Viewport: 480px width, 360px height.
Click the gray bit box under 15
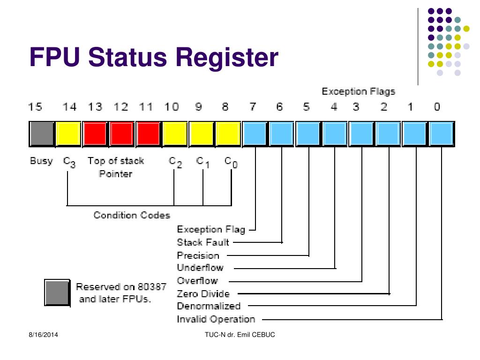click(42, 134)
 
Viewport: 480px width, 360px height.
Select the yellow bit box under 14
click(68, 134)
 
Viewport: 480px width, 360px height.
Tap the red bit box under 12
click(122, 134)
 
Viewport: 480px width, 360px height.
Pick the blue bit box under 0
click(442, 134)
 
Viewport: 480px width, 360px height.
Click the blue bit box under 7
click(255, 134)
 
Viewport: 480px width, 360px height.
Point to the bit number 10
click(172, 107)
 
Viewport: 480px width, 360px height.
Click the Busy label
click(41, 161)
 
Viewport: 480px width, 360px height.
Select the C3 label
click(69, 162)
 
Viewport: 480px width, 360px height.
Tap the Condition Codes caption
click(132, 215)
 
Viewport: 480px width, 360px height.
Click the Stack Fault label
click(203, 242)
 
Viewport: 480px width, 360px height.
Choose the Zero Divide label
click(203, 294)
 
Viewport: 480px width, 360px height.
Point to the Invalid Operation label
click(216, 319)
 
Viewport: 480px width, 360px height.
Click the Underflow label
click(200, 268)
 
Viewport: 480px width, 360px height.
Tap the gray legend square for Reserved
click(57, 292)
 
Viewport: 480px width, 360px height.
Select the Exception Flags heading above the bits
click(359, 91)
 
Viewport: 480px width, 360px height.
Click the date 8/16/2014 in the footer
click(44, 335)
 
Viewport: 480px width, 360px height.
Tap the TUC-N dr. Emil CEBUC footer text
click(240, 335)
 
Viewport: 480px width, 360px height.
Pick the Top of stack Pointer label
click(116, 167)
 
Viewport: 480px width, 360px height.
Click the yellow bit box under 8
click(228, 134)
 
